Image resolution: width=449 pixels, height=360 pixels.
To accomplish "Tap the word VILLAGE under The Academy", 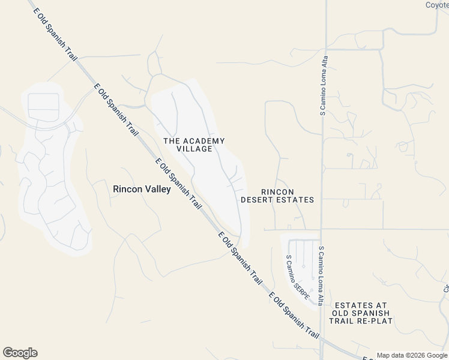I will click(194, 149).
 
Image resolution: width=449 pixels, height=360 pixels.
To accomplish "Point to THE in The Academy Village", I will click(172, 141).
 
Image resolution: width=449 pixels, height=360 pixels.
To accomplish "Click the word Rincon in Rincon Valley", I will click(127, 188).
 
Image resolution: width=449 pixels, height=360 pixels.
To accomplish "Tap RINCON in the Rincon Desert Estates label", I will click(277, 191).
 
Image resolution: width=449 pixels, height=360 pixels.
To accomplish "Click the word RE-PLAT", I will click(374, 321).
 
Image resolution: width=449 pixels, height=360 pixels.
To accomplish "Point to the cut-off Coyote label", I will click(437, 5).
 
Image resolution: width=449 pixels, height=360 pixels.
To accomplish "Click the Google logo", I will click(20, 353).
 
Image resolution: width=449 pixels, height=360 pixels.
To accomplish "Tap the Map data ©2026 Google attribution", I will click(412, 355).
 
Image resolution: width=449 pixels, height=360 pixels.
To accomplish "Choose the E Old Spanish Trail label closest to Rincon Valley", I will click(178, 184).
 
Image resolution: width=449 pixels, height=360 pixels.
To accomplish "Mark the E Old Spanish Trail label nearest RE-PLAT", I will click(294, 314).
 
